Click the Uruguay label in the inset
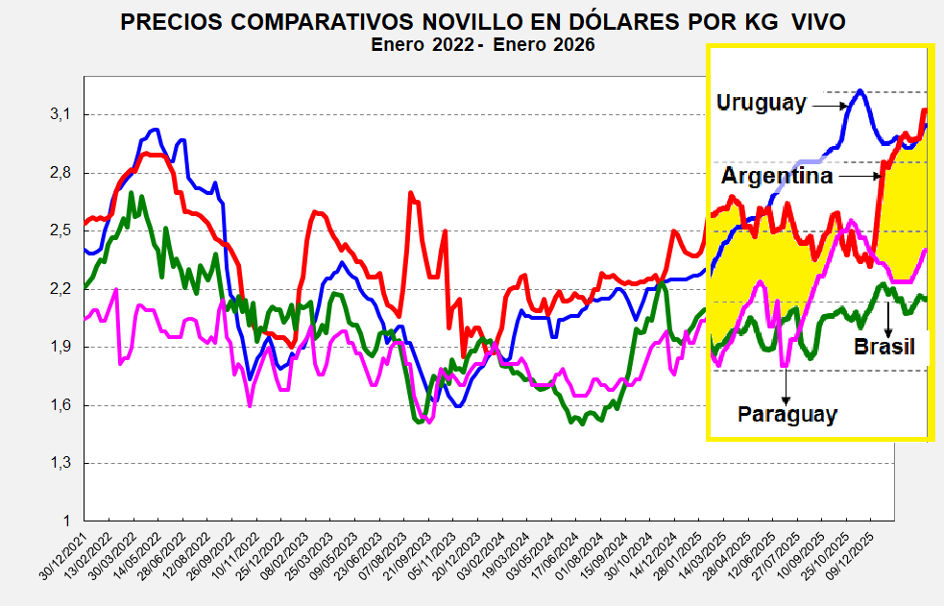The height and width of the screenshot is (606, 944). coord(762,103)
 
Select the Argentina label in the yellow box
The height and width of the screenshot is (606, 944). coord(777,177)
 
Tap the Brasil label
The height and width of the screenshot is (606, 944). coord(884,347)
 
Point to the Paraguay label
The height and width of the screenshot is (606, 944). coord(787,415)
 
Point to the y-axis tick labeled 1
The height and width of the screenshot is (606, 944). coord(66,521)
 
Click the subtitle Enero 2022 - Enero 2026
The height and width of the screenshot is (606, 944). coord(483,44)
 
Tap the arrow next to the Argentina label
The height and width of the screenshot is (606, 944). coord(858,176)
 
